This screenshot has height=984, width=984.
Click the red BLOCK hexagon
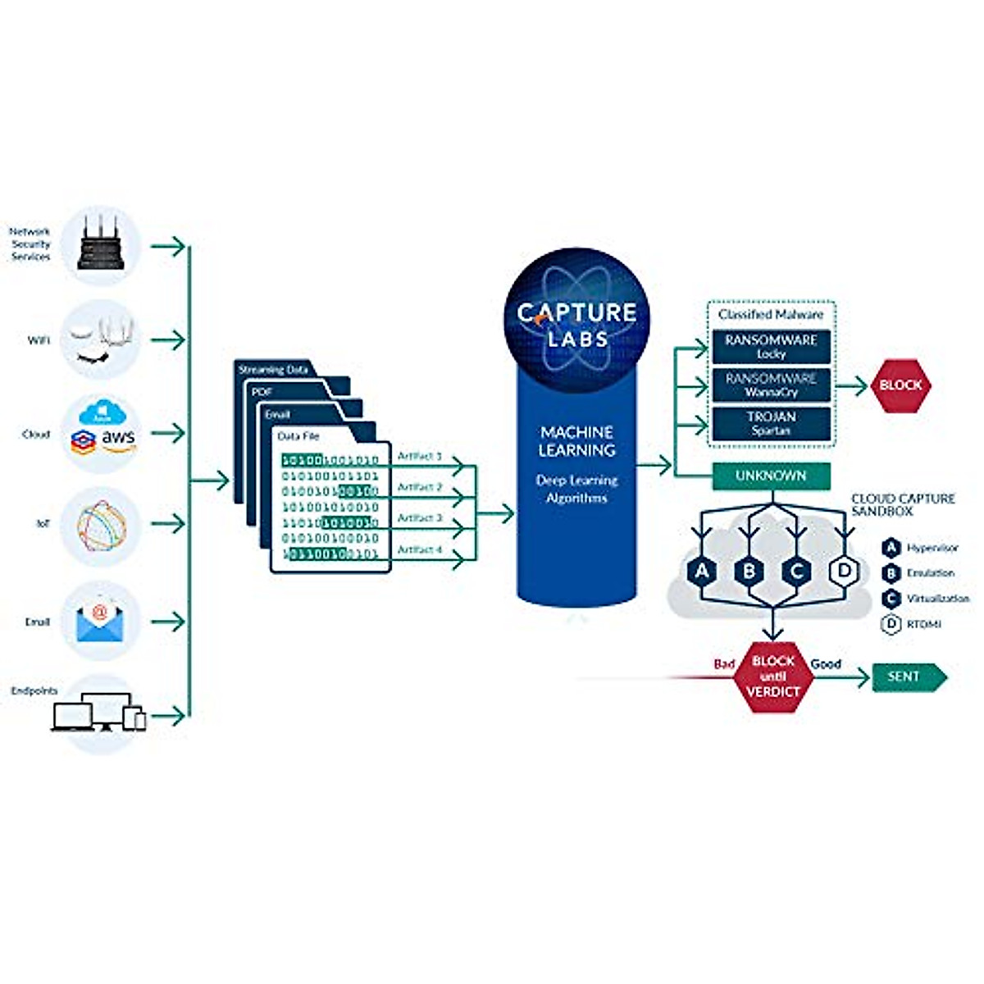(900, 385)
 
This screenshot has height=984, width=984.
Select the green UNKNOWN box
(771, 476)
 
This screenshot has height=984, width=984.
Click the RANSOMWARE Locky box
(771, 346)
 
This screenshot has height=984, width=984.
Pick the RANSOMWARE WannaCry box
(771, 385)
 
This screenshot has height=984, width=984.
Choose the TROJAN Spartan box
(771, 423)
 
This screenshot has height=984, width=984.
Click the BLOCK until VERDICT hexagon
(773, 676)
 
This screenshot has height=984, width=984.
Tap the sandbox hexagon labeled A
(702, 571)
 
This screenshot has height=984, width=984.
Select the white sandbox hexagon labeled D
(845, 571)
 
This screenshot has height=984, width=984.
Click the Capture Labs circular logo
(576, 316)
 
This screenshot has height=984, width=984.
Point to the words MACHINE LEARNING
(576, 441)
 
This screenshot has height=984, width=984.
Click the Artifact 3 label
(419, 518)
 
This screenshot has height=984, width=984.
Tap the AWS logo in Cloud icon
(119, 439)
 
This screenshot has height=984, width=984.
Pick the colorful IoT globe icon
(101, 526)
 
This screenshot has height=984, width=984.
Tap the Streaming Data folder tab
(273, 370)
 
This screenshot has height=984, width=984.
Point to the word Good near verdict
(826, 663)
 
